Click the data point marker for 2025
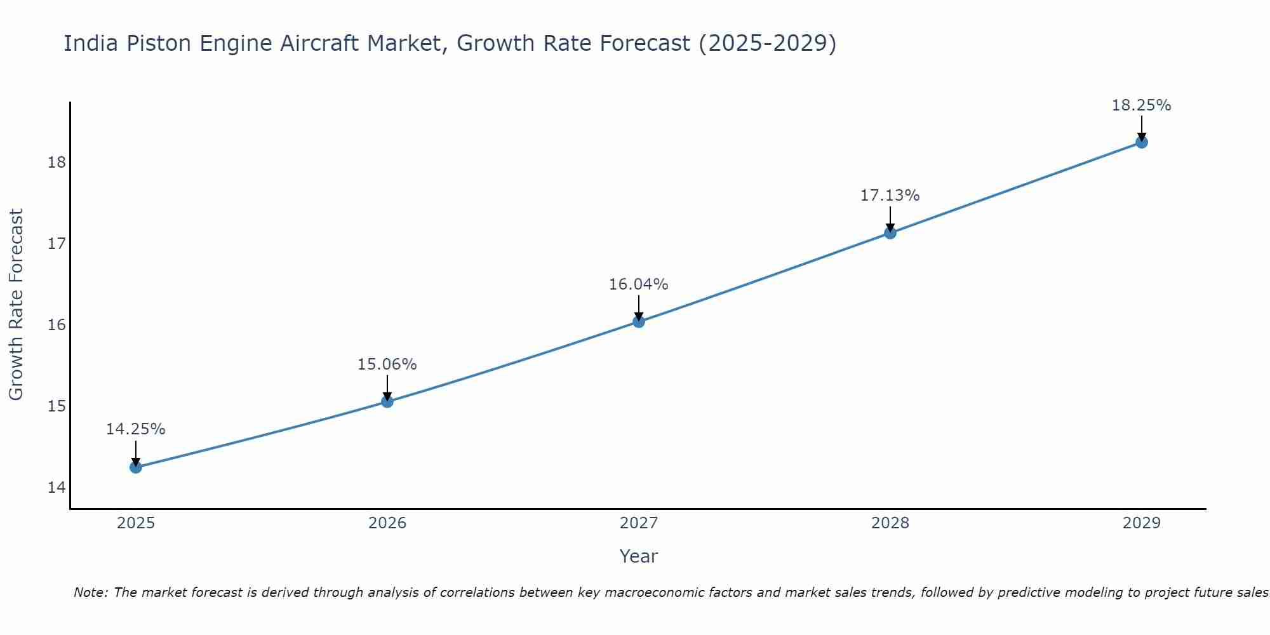[x=136, y=467]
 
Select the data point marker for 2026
[x=387, y=401]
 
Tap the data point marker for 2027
[x=639, y=322]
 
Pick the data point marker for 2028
[x=890, y=233]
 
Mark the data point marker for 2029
[x=1142, y=142]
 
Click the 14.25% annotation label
[x=136, y=429]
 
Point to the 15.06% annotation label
[x=387, y=364]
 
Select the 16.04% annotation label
[x=639, y=284]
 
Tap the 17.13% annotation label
[x=890, y=196]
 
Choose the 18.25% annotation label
[x=1142, y=105]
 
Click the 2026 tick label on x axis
[x=387, y=523]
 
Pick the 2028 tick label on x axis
[x=890, y=523]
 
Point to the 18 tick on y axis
[x=57, y=163]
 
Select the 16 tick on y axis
[x=57, y=325]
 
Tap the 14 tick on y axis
[x=57, y=488]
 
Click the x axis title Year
[x=639, y=556]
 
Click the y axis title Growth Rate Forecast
[x=16, y=305]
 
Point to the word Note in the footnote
[x=92, y=592]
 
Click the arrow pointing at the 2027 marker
[x=639, y=308]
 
